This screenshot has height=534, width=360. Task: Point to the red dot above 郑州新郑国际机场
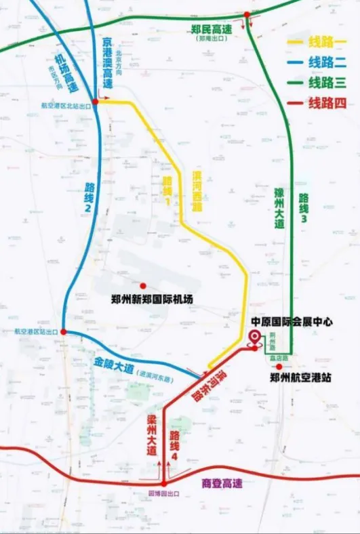pos(143,285)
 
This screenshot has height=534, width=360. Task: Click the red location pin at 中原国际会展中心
pos(255,339)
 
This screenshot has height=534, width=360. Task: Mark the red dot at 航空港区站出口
pos(63,332)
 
